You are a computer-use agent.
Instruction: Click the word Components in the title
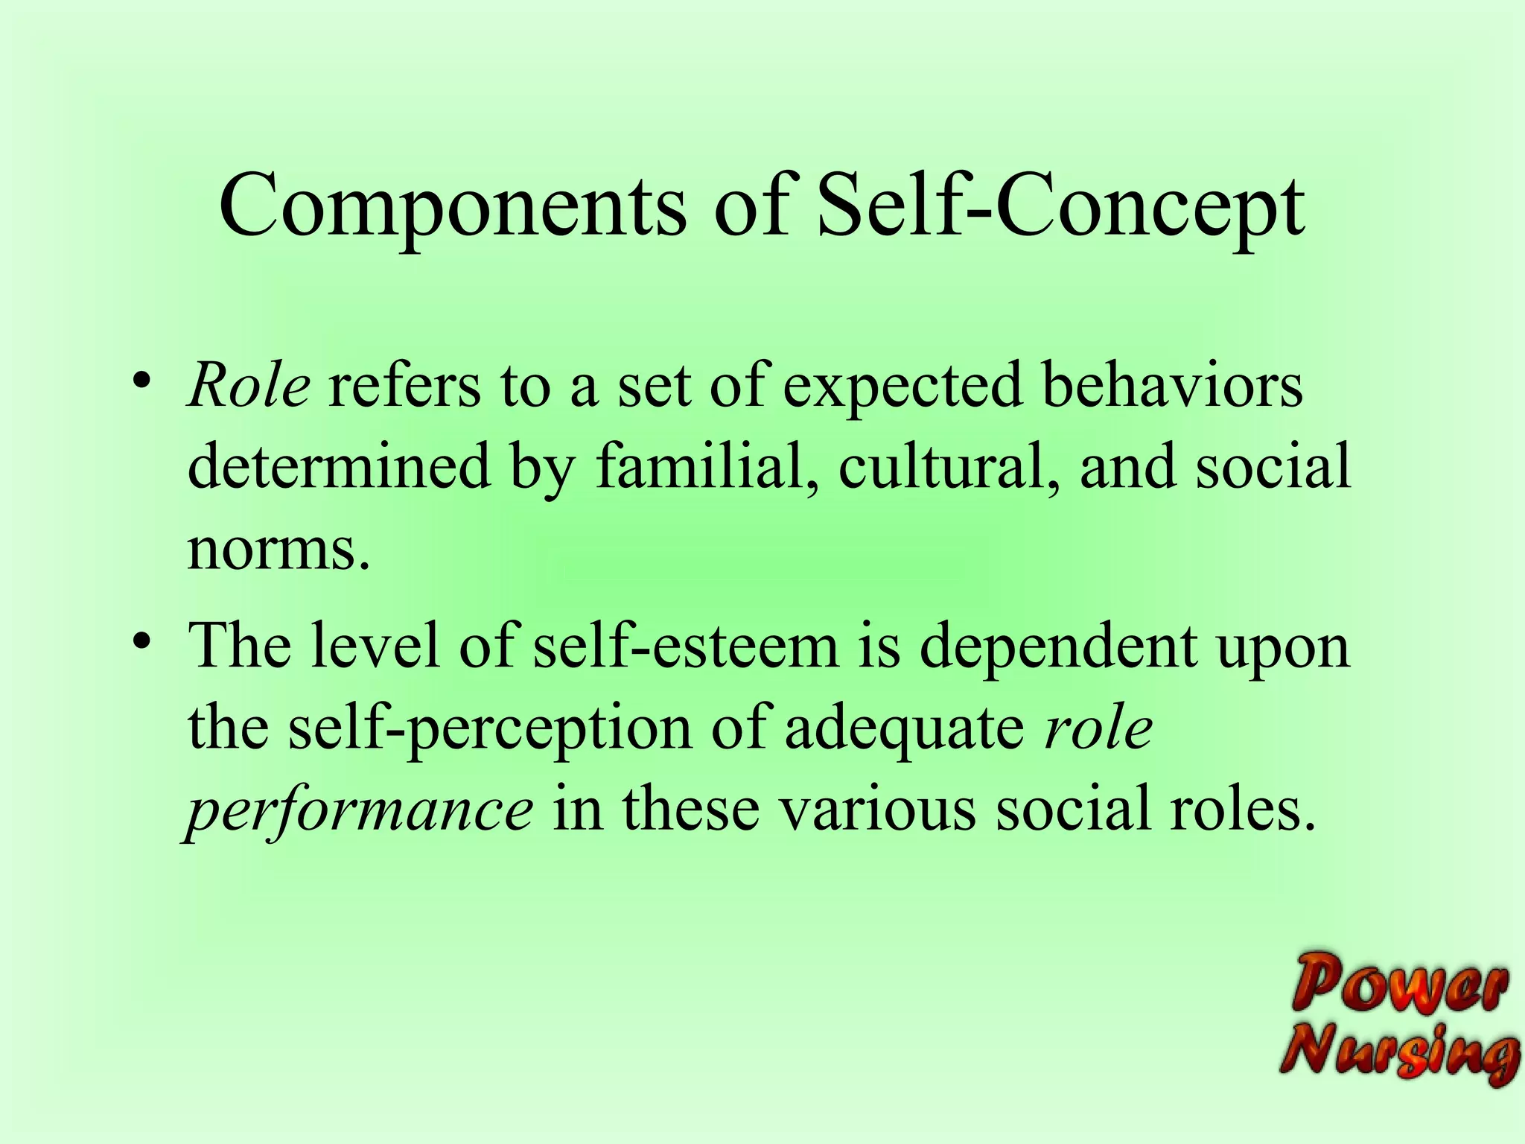(453, 207)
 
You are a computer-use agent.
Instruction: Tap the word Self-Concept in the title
(1060, 207)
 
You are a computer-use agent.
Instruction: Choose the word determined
(339, 466)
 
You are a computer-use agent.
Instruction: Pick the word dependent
(1057, 645)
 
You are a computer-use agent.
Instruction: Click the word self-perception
(490, 728)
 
